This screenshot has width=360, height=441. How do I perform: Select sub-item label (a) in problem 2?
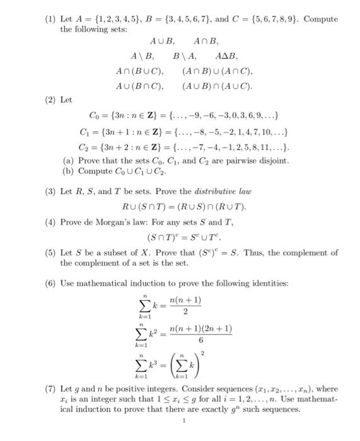pos(66,161)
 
